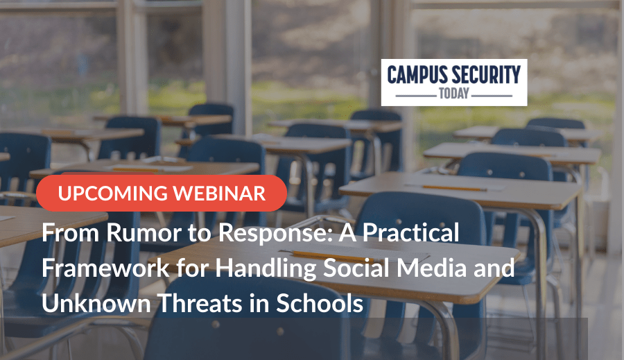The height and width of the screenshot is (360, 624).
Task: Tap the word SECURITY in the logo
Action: click(486, 75)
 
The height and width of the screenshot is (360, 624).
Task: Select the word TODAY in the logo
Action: click(454, 93)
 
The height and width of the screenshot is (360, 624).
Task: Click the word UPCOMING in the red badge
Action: click(112, 194)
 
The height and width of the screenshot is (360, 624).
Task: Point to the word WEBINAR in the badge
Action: click(219, 194)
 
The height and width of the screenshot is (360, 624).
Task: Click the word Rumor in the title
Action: click(144, 232)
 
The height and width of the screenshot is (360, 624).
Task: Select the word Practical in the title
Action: click(410, 232)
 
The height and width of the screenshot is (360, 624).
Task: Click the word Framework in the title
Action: click(105, 268)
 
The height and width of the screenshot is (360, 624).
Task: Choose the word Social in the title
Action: click(356, 267)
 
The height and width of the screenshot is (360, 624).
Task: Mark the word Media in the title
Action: click(432, 267)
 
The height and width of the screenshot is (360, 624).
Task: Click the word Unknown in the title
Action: click(96, 303)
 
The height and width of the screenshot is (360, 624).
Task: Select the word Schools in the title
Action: click(320, 303)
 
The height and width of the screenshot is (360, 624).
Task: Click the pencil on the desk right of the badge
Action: click(453, 187)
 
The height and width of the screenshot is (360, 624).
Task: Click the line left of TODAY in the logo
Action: click(416, 96)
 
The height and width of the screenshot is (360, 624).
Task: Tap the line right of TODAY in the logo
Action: click(492, 96)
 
